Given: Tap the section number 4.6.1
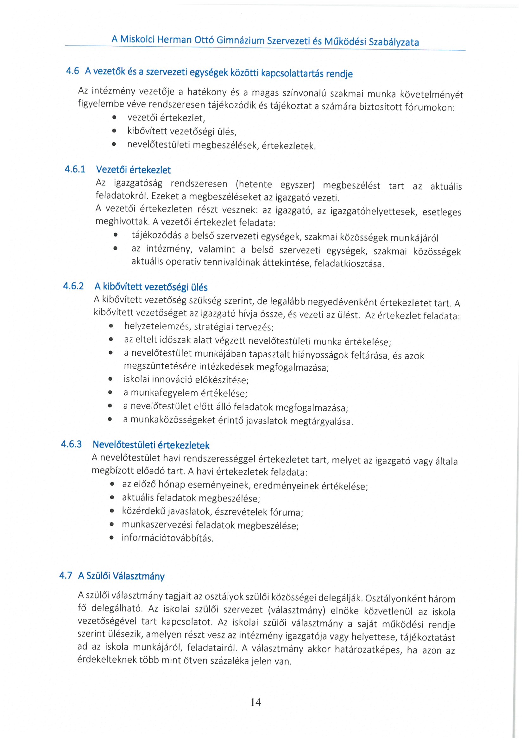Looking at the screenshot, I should click(75, 169).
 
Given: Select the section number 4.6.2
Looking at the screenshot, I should click(73, 286).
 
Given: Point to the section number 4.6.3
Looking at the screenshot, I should click(72, 444).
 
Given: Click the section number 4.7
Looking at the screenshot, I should click(66, 575).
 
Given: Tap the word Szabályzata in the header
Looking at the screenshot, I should click(394, 42).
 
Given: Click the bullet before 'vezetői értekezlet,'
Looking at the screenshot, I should click(114, 118).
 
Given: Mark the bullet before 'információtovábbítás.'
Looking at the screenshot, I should click(111, 538).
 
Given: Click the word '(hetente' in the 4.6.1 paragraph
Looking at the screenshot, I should click(254, 184).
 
